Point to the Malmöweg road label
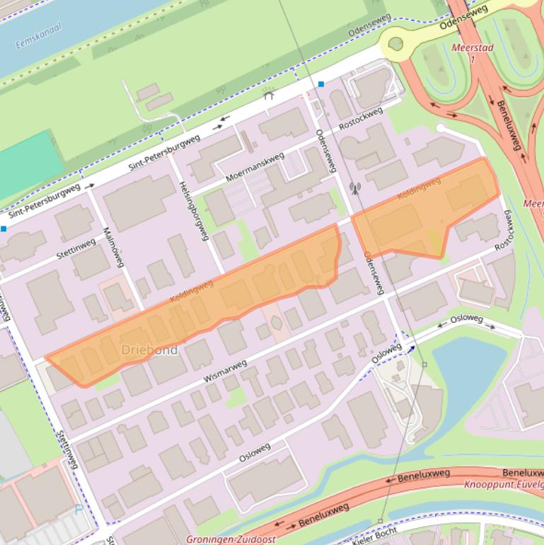tap(113, 246)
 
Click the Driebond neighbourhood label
tap(149, 350)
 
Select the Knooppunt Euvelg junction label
tap(504, 485)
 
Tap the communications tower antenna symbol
tap(354, 188)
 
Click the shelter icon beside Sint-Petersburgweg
tap(269, 94)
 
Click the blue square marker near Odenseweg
tap(321, 84)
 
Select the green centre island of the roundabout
tap(395, 44)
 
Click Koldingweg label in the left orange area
tap(192, 292)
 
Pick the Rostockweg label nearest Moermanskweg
tap(360, 118)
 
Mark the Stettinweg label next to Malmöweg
tap(76, 246)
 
